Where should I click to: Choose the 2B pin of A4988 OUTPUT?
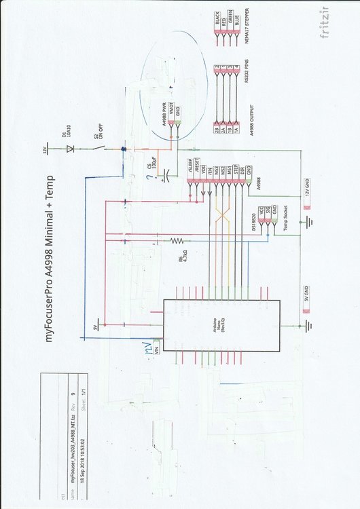(x=217, y=130)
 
